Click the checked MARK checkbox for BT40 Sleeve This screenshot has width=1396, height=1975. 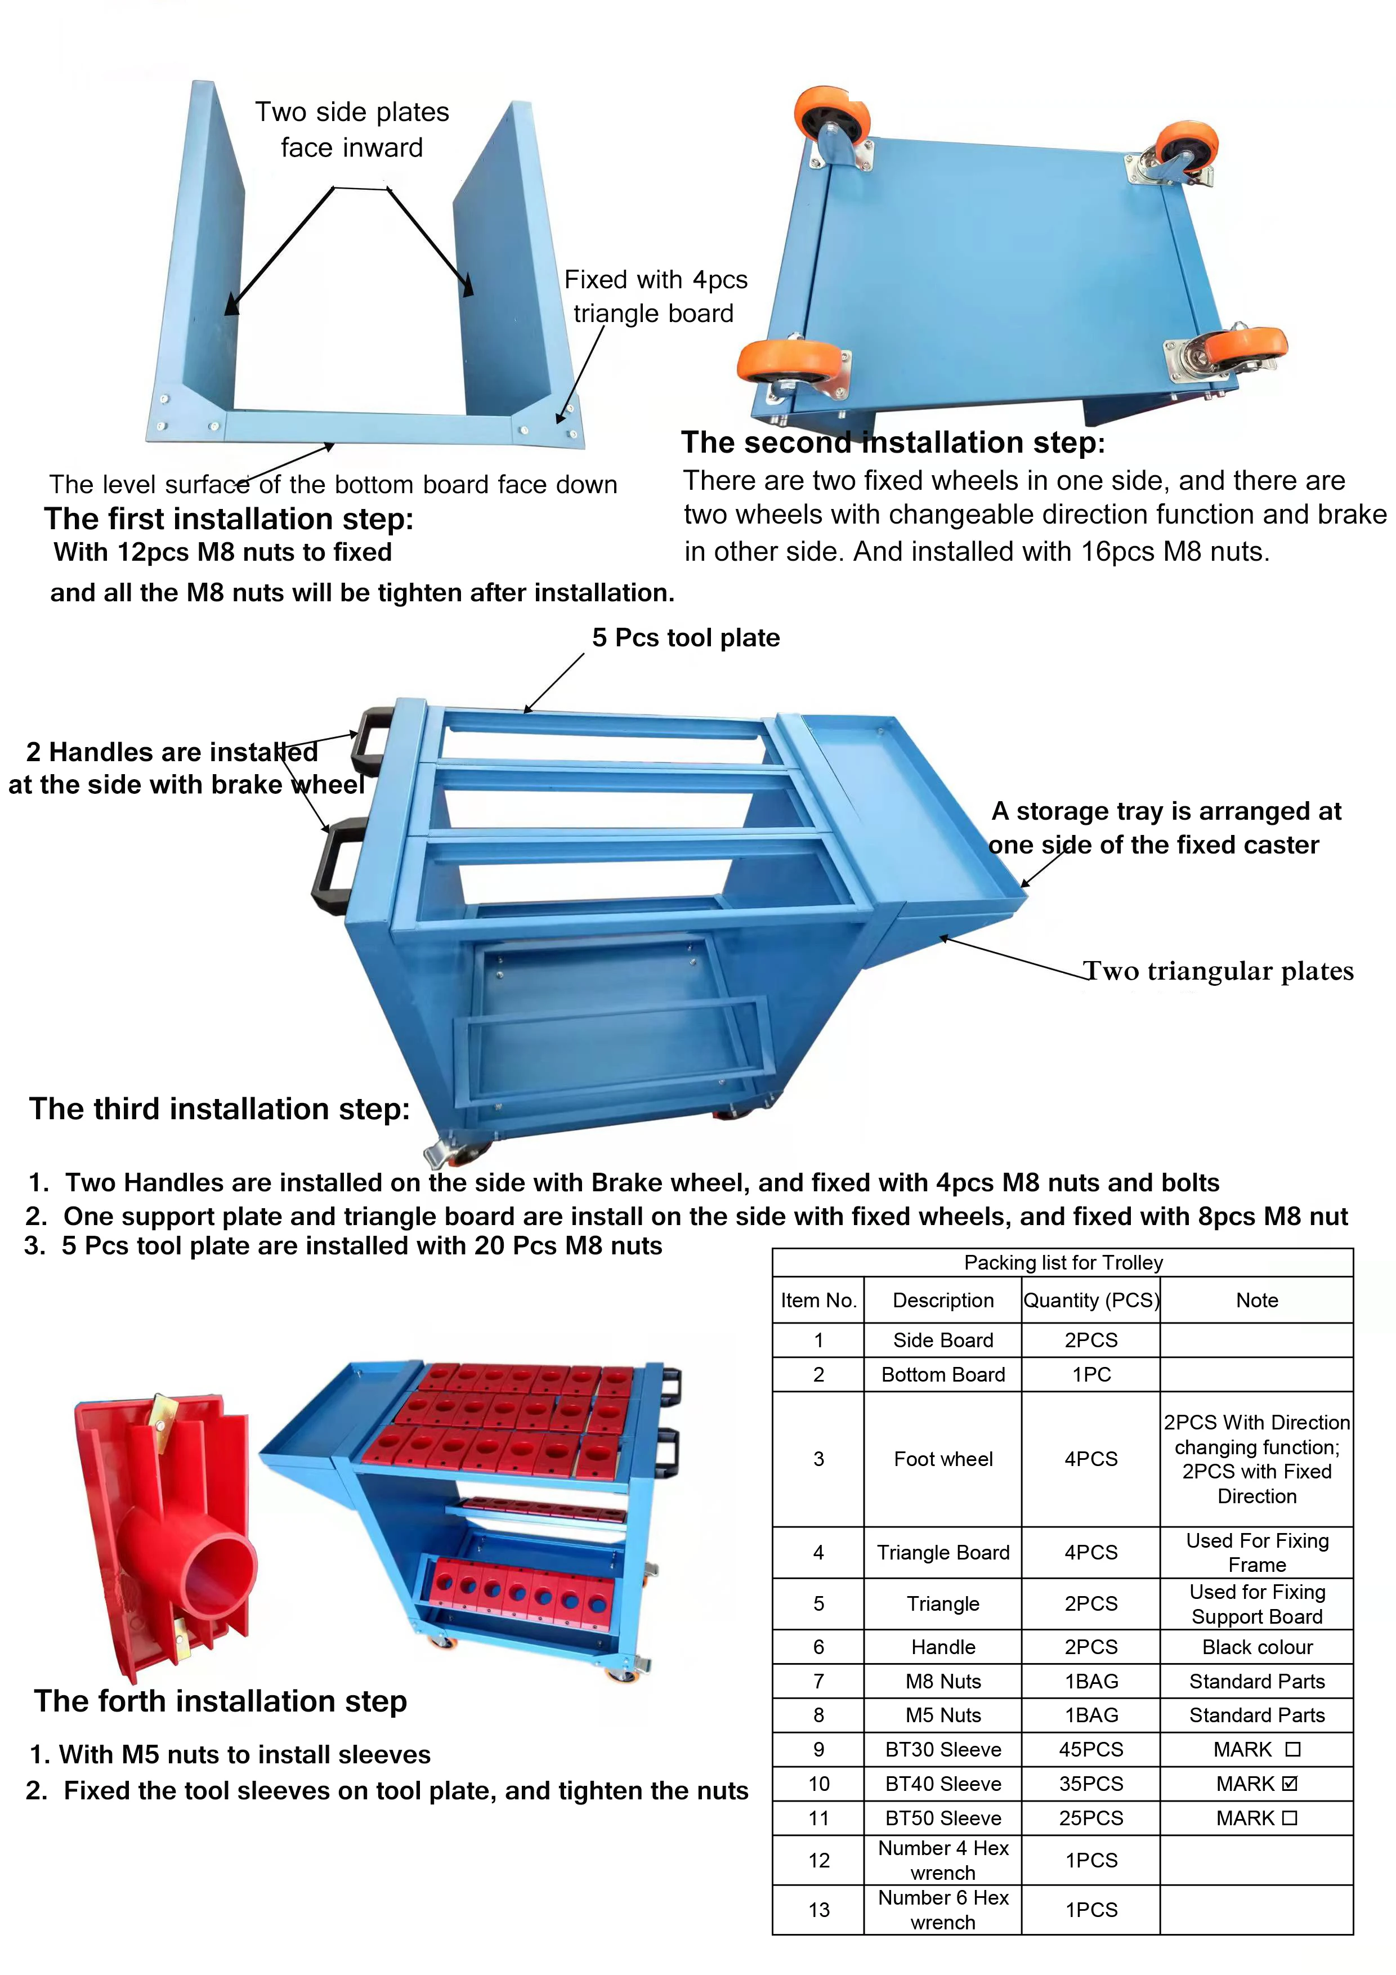click(1288, 1784)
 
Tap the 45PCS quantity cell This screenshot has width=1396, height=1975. click(1091, 1750)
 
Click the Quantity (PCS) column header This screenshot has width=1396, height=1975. click(1091, 1301)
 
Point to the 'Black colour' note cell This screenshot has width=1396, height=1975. click(1256, 1647)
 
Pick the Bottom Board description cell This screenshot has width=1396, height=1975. click(943, 1375)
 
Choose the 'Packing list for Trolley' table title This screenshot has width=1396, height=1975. click(1063, 1263)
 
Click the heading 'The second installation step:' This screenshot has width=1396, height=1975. click(893, 442)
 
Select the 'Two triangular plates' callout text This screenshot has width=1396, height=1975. click(1218, 971)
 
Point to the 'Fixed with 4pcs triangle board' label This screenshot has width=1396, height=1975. click(655, 297)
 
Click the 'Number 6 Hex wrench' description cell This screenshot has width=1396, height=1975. click(943, 1910)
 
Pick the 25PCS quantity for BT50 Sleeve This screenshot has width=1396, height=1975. click(1091, 1818)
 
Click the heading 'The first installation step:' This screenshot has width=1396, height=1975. click(229, 519)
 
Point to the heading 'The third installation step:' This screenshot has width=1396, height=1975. click(220, 1109)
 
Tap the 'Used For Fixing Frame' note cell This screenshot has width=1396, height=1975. click(1256, 1553)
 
